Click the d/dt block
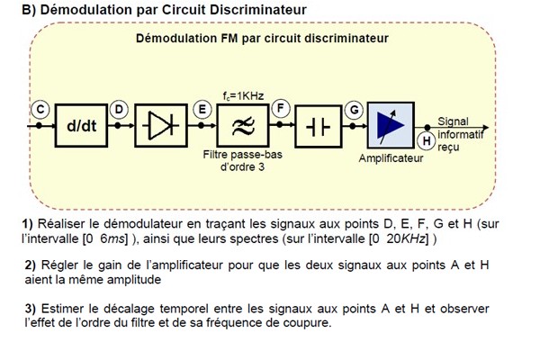82,127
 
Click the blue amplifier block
390,127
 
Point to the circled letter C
40,109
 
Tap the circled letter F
281,109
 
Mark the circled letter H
427,140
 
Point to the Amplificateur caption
391,157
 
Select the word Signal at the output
453,121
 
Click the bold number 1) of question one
28,223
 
